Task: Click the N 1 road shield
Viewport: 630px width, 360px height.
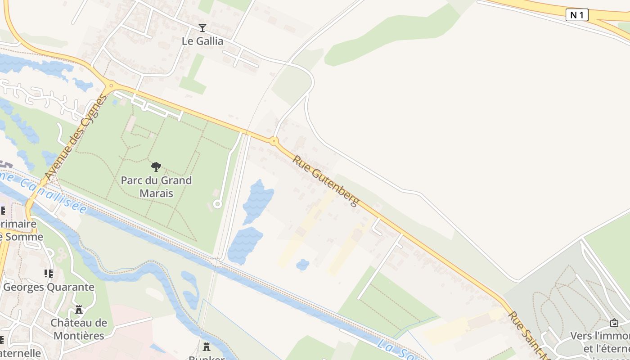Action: [577, 15]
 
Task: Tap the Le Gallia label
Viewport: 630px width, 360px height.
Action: [202, 41]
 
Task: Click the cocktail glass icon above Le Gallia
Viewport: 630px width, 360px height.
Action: [202, 28]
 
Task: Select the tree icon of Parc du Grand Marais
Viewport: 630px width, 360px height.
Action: [156, 167]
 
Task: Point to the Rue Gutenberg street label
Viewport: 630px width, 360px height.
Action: [326, 180]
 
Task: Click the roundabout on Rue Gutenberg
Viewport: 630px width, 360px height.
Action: [274, 141]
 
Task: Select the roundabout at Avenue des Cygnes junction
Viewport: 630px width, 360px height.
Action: [111, 85]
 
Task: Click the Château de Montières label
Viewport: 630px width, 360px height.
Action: [79, 329]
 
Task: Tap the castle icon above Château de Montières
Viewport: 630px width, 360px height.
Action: [79, 310]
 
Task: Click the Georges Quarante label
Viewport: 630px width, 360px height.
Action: [49, 287]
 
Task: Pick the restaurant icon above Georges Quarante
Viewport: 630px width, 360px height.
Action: [48, 273]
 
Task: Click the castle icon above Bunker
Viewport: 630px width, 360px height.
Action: [207, 347]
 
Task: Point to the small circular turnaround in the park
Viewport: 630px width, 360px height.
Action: [217, 204]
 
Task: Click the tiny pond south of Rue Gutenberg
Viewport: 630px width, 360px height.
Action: [302, 265]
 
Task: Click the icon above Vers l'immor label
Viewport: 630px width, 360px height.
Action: [614, 323]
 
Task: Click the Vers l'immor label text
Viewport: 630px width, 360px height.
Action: [600, 336]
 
